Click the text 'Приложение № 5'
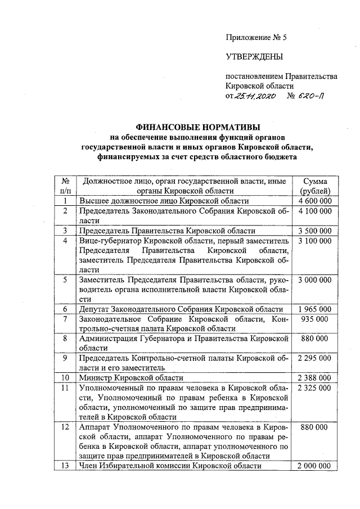pyautogui.click(x=256, y=38)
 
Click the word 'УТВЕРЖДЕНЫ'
pyautogui.click(x=254, y=56)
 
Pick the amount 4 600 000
pyautogui.click(x=315, y=201)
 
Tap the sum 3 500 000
pyautogui.click(x=315, y=231)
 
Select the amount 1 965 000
pyautogui.click(x=315, y=309)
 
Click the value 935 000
pyautogui.click(x=315, y=319)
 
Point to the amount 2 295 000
pyautogui.click(x=315, y=358)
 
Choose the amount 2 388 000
pyautogui.click(x=315, y=377)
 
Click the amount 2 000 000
pyautogui.click(x=315, y=466)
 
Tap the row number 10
pyautogui.click(x=65, y=377)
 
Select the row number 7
pyautogui.click(x=65, y=319)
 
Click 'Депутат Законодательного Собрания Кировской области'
pyautogui.click(x=181, y=309)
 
